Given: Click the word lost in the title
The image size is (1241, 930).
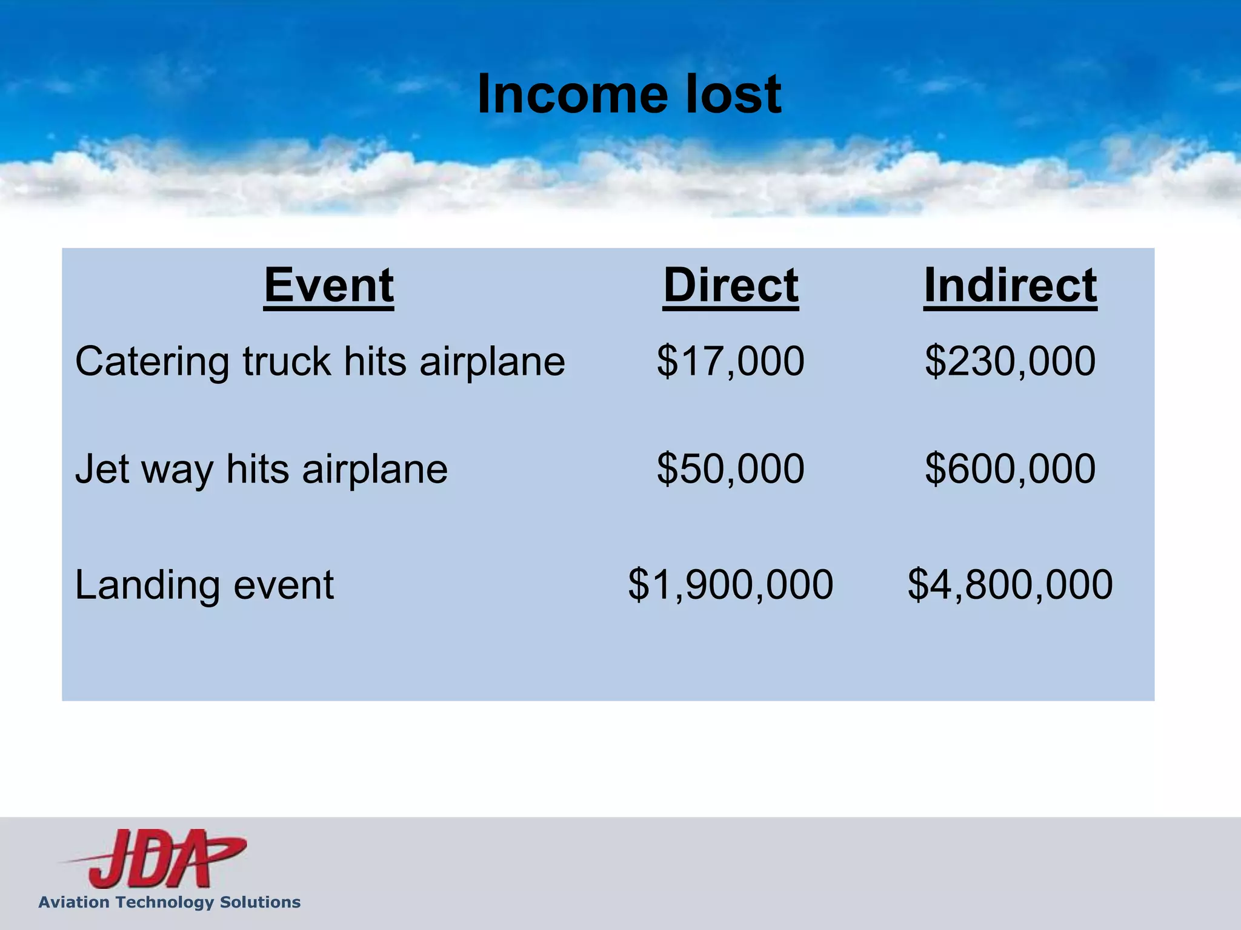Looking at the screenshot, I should (x=733, y=94).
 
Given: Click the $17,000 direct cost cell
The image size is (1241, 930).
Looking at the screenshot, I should (x=731, y=361).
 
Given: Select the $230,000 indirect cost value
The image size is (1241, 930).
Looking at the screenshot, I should (x=1010, y=361).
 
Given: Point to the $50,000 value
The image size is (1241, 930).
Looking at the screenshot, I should (x=731, y=469).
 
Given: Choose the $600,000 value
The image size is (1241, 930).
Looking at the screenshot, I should (x=1010, y=469).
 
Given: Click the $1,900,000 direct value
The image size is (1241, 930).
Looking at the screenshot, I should (x=731, y=585).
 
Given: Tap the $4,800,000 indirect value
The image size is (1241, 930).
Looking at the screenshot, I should (x=1010, y=585).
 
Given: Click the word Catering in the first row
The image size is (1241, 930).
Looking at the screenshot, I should (x=152, y=362).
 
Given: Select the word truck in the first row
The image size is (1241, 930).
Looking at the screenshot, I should (x=287, y=362).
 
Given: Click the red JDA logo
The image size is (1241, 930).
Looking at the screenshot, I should (x=158, y=859).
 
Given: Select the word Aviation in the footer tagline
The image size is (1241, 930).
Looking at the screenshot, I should (x=75, y=902).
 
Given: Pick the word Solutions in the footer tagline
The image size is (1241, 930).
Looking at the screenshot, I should (x=260, y=902).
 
